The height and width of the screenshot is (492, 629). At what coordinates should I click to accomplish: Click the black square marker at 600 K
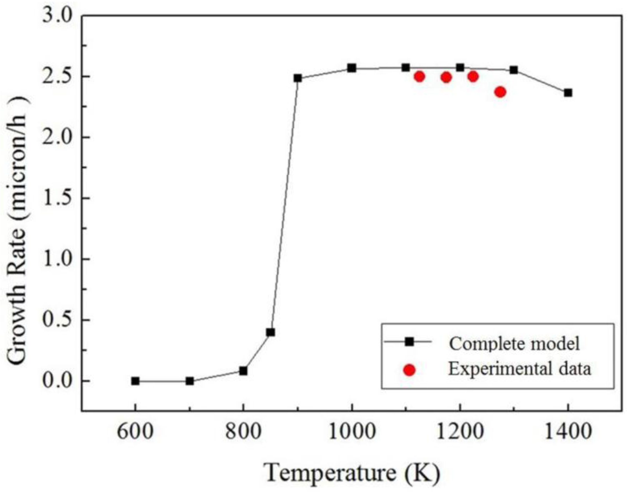135,381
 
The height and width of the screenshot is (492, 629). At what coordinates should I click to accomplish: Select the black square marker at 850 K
270,332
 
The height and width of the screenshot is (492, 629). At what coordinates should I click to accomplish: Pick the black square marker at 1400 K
568,93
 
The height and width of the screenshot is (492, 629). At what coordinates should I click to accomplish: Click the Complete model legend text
514,343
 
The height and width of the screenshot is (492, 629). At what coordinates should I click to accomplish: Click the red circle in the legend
409,370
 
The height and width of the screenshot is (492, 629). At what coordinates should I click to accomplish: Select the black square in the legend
409,342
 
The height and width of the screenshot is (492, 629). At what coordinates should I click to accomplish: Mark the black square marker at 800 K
243,371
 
